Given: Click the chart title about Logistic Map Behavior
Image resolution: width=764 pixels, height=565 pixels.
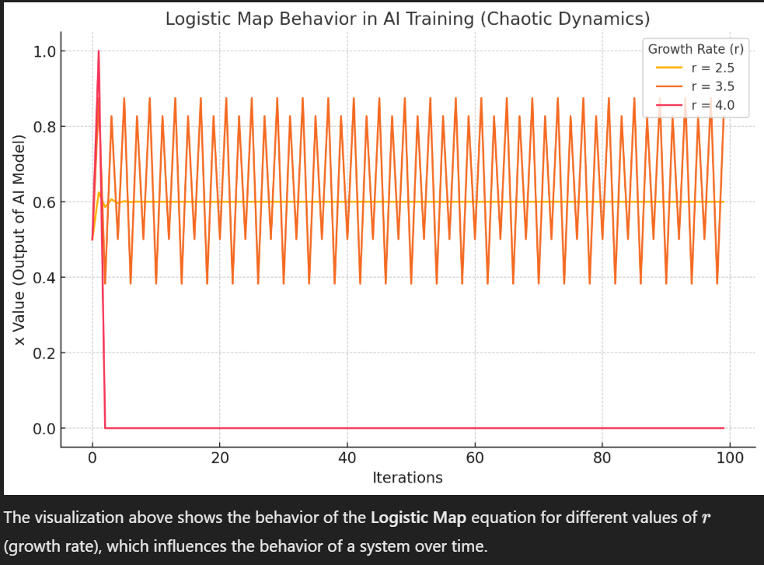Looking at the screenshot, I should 407,19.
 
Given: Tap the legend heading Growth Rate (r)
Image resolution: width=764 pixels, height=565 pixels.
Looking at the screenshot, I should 696,49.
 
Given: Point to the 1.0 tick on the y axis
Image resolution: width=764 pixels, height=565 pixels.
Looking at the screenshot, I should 44,51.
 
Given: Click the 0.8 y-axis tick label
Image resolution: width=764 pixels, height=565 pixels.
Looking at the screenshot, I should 44,127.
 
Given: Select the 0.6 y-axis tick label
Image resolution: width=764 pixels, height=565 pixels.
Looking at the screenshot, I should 44,202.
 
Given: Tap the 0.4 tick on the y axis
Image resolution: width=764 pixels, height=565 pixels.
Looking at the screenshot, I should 44,278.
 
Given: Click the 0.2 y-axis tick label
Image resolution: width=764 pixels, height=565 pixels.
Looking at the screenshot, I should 44,353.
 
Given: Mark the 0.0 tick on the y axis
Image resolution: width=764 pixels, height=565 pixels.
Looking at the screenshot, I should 44,428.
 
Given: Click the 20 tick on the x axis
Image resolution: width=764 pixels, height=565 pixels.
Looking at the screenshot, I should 220,458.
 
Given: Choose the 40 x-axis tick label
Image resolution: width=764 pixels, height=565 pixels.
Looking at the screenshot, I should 347,458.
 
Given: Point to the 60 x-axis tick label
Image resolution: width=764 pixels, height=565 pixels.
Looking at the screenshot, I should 475,458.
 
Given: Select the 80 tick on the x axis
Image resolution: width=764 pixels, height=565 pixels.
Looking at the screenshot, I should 602,458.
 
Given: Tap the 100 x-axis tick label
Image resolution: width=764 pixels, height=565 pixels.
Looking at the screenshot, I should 730,458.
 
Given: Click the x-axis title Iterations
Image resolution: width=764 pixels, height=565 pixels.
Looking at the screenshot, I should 407,478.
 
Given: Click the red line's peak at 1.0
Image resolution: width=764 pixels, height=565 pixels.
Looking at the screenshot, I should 99,51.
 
